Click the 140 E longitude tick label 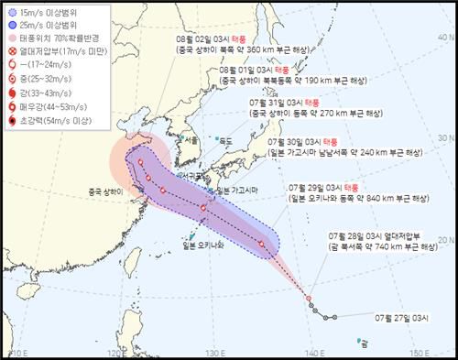click(316, 353)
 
